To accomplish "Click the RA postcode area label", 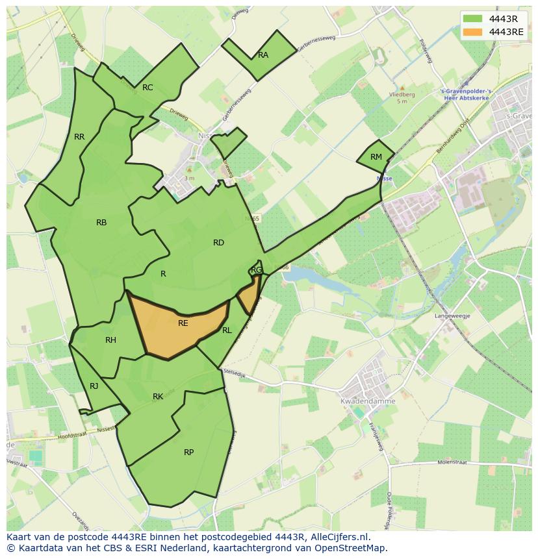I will point(263,55).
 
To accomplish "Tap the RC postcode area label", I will point(147,88).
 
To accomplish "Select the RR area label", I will point(79,137).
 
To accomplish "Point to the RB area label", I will point(101,223).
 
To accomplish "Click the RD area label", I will point(218,243).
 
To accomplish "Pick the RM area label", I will point(376,157).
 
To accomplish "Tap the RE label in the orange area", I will point(183,323).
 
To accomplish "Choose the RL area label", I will point(227,330).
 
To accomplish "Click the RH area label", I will point(110,340).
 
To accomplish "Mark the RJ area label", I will point(94,386).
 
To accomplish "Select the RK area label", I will point(158,397).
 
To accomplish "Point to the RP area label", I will point(188,453).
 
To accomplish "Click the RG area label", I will point(256,270).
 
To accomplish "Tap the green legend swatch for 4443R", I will point(473,18).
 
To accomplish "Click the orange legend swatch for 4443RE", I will point(473,31).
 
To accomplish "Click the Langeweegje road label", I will point(452,316).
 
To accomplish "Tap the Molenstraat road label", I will point(454,463).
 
